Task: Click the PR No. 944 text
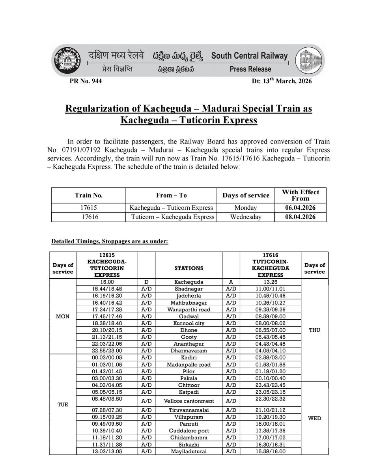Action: click(x=86, y=81)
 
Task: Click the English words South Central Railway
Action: click(x=250, y=56)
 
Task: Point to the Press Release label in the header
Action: click(x=250, y=69)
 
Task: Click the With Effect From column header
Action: click(x=301, y=195)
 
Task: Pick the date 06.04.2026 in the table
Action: click(x=301, y=207)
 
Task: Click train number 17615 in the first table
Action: click(x=88, y=207)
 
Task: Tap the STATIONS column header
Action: click(x=189, y=268)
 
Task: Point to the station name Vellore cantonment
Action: click(x=189, y=401)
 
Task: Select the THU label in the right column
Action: click(x=315, y=330)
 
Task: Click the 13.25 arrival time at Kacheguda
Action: click(x=270, y=283)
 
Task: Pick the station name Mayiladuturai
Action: click(x=189, y=451)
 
